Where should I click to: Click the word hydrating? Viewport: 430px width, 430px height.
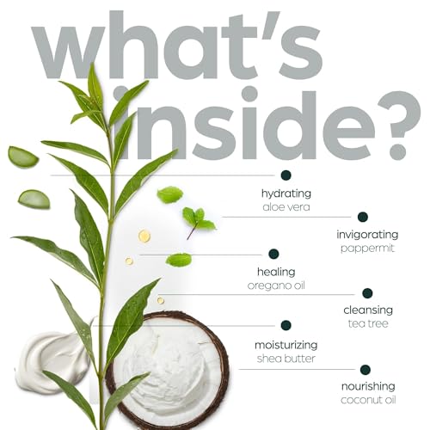click(286, 193)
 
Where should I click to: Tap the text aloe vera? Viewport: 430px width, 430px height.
click(286, 207)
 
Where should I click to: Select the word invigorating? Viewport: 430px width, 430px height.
click(367, 235)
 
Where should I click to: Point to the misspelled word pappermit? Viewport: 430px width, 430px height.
click(367, 249)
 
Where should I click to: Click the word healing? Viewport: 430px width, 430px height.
click(276, 272)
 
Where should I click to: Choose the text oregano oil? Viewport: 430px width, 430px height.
click(276, 286)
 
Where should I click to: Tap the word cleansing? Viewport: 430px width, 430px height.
click(368, 310)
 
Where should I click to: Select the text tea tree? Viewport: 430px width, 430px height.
click(368, 323)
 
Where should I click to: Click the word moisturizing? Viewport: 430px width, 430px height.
click(286, 345)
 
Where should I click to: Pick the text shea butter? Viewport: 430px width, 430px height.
click(286, 359)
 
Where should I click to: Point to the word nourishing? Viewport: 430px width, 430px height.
click(368, 387)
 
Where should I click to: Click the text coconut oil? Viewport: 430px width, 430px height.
click(368, 400)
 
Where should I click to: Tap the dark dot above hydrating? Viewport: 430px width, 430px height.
click(286, 175)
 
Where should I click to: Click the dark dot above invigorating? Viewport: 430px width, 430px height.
click(363, 217)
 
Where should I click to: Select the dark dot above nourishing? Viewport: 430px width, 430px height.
click(365, 370)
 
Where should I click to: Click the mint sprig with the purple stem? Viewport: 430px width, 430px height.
click(199, 222)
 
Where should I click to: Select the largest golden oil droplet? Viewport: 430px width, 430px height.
click(144, 236)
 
